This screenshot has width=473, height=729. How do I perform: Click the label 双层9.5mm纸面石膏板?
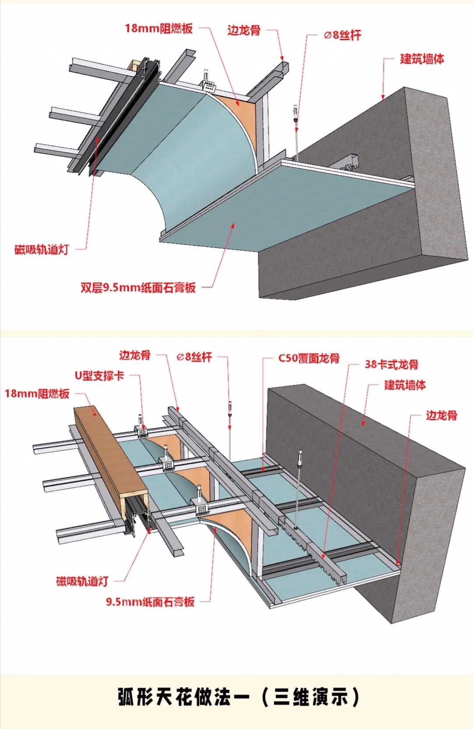click(x=138, y=288)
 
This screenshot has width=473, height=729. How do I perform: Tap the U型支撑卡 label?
click(x=99, y=375)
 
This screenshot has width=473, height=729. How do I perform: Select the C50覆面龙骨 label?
click(x=309, y=358)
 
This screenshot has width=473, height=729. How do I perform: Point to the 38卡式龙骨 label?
click(x=391, y=364)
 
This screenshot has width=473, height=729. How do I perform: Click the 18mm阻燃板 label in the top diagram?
click(x=159, y=28)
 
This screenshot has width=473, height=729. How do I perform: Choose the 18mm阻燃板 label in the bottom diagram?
click(x=37, y=393)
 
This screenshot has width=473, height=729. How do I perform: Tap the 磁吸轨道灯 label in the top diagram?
click(x=42, y=250)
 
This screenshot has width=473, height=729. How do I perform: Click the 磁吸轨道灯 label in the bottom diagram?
click(x=82, y=581)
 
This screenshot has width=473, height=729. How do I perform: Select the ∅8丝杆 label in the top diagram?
click(x=342, y=35)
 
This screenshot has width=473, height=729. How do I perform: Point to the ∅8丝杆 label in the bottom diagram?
click(x=194, y=357)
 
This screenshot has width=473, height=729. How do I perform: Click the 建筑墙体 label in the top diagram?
click(x=422, y=59)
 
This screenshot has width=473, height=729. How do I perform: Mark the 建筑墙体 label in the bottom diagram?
click(x=405, y=385)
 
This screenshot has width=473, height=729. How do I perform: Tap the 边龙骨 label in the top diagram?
click(x=244, y=30)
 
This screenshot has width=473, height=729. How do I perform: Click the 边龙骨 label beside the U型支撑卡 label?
click(x=135, y=355)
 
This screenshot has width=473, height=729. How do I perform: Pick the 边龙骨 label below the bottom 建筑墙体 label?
click(x=441, y=415)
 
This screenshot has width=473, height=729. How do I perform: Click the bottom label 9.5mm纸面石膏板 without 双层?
click(x=150, y=602)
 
